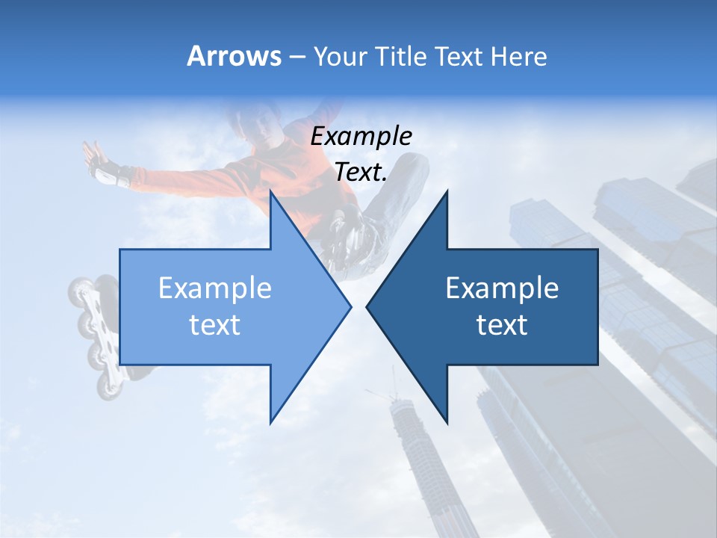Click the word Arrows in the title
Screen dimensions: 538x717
point(235,56)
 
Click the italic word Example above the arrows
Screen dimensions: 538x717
point(361,136)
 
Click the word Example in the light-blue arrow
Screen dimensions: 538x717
point(215,288)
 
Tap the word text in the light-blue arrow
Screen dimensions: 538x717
point(215,325)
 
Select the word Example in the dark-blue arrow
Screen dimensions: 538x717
point(502,288)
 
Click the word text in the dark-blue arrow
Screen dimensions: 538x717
point(502,325)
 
